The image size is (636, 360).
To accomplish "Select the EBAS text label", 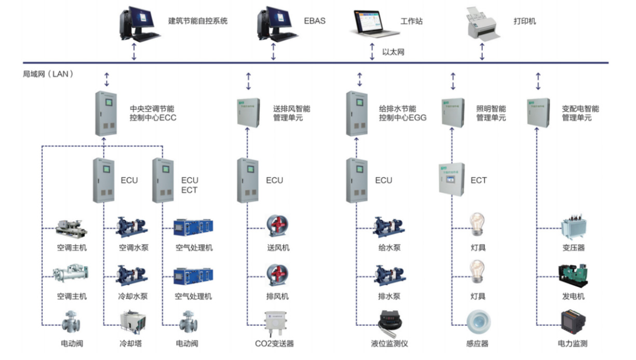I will (x=315, y=21).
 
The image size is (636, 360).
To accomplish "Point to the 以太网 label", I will (x=393, y=52).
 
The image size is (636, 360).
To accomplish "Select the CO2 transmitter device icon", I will (x=274, y=324).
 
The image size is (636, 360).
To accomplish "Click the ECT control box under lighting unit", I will (x=451, y=179).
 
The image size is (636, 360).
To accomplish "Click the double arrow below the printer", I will (x=482, y=51).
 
